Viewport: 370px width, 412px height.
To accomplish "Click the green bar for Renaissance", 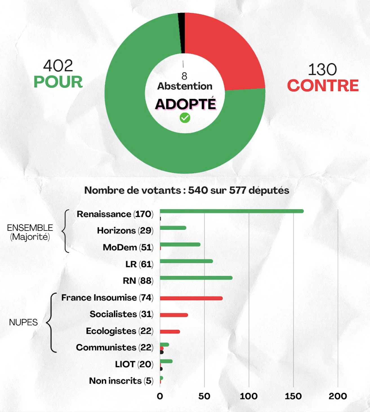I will [x=231, y=211].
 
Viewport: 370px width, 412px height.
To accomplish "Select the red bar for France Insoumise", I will [x=191, y=298].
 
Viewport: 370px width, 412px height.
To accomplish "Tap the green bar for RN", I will [x=196, y=278].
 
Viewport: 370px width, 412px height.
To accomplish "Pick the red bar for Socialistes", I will [x=174, y=315].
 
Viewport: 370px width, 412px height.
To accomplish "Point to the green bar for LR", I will [x=186, y=261].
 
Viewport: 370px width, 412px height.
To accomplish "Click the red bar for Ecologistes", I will [x=170, y=332].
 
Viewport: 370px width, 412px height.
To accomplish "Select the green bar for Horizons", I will [x=173, y=228].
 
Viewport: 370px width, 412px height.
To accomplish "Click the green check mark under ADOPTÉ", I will [x=185, y=118].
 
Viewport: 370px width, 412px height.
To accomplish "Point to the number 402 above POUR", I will [x=58, y=66].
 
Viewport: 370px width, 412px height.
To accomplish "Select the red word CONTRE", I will [x=323, y=86].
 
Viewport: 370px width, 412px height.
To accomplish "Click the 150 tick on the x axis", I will [x=293, y=396].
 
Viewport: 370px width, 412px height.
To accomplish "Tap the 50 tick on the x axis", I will [x=204, y=396].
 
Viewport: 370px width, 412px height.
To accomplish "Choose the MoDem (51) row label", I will [x=128, y=247].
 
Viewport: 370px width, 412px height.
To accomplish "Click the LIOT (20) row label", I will [x=134, y=364].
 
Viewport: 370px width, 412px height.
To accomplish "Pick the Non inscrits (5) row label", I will [x=121, y=381].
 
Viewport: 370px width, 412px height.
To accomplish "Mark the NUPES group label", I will [x=23, y=322].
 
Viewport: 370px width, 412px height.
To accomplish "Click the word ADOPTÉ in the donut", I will [x=185, y=104].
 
